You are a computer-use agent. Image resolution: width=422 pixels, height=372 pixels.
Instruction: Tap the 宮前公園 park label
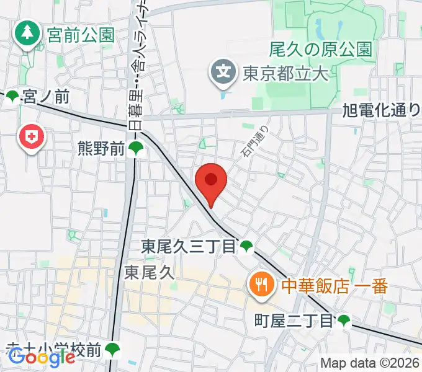[x=81, y=34]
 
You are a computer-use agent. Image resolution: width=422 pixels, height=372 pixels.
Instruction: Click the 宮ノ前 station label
[x=45, y=97]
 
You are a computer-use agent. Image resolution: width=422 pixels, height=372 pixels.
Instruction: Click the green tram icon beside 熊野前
[x=136, y=148]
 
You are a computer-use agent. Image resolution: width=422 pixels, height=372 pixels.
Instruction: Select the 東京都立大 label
[x=284, y=74]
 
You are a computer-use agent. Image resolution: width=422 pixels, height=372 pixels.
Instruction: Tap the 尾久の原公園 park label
[x=321, y=49]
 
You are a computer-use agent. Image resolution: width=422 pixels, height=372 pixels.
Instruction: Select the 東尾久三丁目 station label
[x=189, y=247]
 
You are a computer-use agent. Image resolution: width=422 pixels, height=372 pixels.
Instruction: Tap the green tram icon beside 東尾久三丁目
[x=247, y=246]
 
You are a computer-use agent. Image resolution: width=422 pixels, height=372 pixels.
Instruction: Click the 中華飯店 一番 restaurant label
[x=334, y=286]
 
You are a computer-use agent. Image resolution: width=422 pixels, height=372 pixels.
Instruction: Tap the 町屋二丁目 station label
[x=294, y=321]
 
